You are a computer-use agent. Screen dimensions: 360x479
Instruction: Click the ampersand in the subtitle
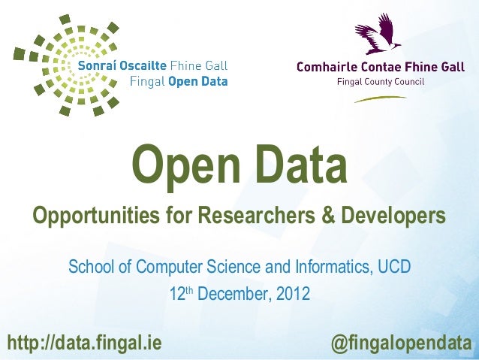pyautogui.click(x=327, y=217)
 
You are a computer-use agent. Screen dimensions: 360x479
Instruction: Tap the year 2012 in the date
pyautogui.click(x=292, y=293)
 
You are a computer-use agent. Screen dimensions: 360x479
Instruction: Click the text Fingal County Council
pyautogui.click(x=381, y=81)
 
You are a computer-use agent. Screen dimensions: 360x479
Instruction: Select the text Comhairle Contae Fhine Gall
pyautogui.click(x=381, y=67)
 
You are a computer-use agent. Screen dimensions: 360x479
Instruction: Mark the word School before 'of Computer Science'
pyautogui.click(x=89, y=267)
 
